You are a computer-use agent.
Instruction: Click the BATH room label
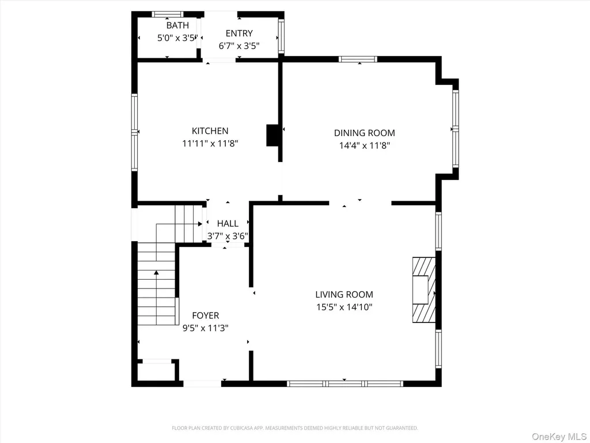pos(177,25)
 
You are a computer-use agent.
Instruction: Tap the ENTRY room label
pos(239,33)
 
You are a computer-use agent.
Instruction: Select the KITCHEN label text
pos(210,131)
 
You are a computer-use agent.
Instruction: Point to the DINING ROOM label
pos(364,133)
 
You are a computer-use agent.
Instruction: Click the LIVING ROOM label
pos(345,295)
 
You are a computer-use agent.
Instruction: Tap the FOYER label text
pos(206,316)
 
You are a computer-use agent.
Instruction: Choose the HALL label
pos(228,224)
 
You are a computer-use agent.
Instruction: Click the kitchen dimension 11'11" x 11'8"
pos(210,144)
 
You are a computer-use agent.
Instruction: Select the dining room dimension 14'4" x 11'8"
pos(364,145)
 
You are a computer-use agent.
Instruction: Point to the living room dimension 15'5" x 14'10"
pos(345,307)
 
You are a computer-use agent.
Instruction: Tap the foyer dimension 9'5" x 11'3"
pos(206,328)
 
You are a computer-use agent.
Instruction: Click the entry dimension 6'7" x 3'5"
pos(239,46)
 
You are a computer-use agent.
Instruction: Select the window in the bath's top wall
pos(168,14)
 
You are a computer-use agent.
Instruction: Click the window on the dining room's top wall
pos(358,59)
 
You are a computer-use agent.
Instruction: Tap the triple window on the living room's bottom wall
pos(345,384)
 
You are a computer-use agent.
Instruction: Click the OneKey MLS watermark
pos(559,437)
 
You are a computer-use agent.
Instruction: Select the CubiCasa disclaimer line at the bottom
pos(294,428)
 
